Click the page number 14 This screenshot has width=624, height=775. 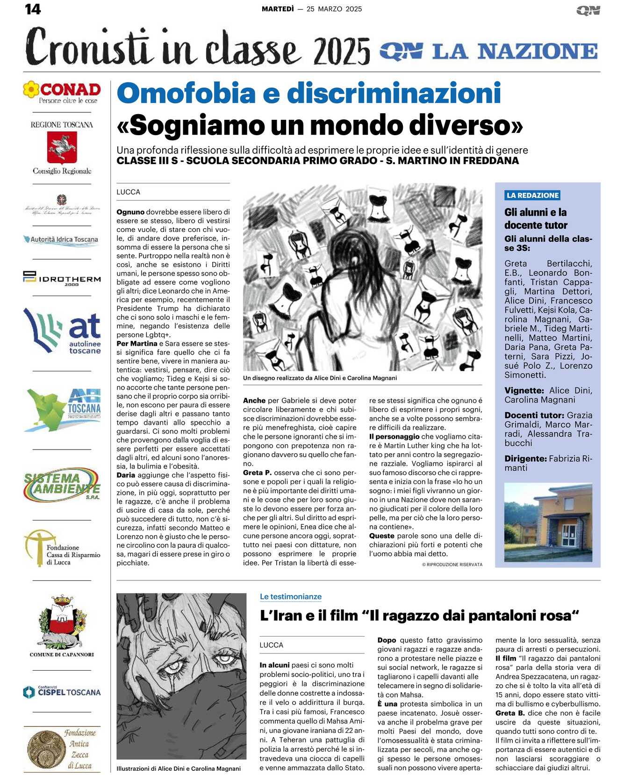33,9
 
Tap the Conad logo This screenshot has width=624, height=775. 62,92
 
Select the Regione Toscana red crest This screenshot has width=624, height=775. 62,147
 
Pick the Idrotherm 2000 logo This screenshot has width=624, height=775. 62,278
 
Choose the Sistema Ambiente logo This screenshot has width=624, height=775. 62,484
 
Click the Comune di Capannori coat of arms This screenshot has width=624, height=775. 62,622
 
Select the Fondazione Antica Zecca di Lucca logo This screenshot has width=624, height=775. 62,748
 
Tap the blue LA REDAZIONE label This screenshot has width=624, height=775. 532,196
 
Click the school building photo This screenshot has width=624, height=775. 548,522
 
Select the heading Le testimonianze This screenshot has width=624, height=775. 291,596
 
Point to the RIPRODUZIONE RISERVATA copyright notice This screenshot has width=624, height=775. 452,565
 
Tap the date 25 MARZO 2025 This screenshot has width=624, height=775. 334,9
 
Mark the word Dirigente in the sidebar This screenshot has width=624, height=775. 525,459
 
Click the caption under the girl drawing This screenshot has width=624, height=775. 320,378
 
